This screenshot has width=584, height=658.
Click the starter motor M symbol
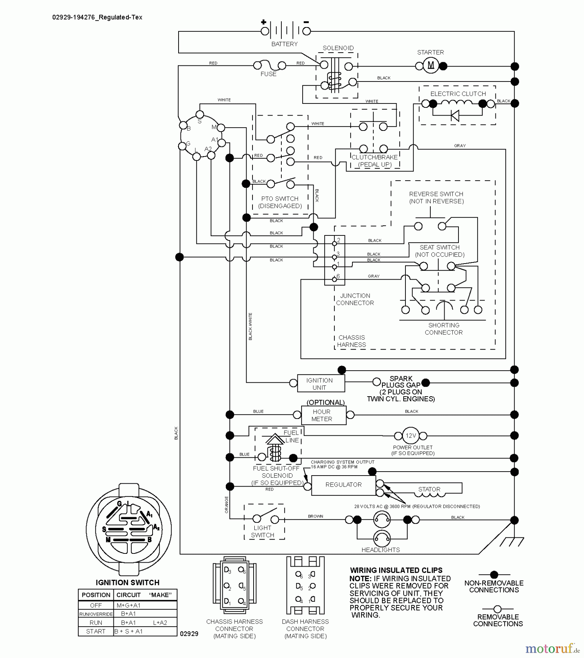431,66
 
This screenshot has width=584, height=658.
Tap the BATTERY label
284,44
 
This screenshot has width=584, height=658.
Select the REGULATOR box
343,485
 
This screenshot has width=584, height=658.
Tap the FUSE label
268,74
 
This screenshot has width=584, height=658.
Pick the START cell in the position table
96,631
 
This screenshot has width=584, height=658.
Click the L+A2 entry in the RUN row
160,623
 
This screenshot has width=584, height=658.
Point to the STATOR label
429,489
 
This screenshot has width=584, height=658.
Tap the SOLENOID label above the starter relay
338,48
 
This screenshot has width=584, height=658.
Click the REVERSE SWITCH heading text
436,194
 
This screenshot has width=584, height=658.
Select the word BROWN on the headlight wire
315,516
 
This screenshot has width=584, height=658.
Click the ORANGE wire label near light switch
227,504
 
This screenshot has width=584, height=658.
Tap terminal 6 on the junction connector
334,279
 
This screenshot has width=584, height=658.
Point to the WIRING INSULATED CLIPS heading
396,570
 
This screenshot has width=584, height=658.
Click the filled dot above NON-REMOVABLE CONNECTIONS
494,575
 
